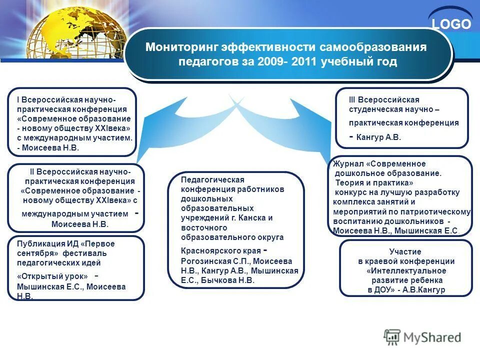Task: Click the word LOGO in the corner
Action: pyautogui.click(x=451, y=24)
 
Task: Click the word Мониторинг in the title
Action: pyautogui.click(x=175, y=47)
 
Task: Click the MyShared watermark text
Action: pyautogui.click(x=432, y=337)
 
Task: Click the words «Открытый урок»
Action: pyautogui.click(x=52, y=276)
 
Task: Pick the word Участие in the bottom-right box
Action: pyautogui.click(x=405, y=251)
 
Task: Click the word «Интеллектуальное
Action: pyautogui.click(x=405, y=270)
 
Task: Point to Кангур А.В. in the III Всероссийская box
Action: pyautogui.click(x=379, y=136)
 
